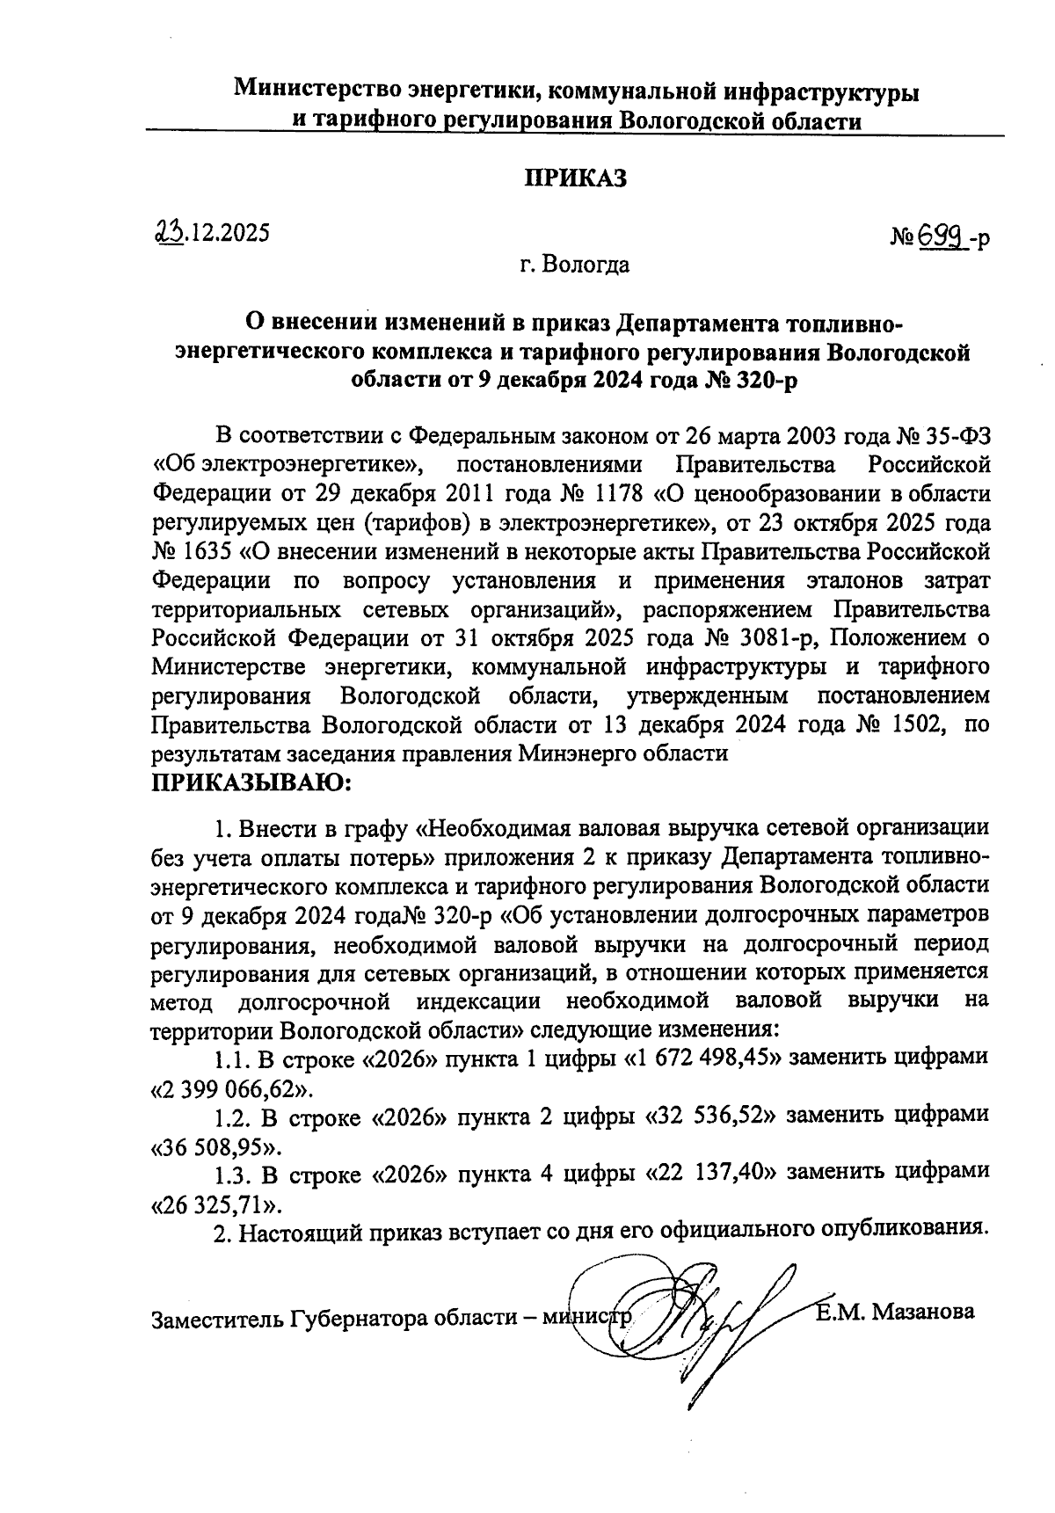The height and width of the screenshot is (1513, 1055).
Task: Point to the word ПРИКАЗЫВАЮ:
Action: [252, 782]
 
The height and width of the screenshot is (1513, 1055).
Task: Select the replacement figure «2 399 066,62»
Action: [232, 1090]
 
